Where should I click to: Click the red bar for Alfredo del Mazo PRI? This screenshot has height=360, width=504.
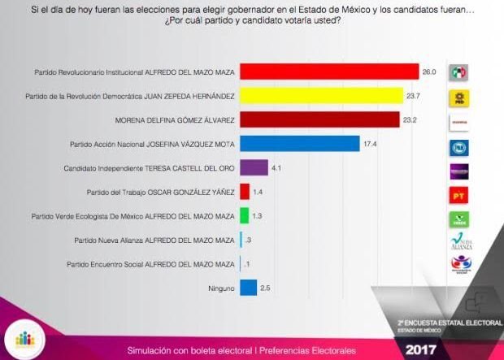329,72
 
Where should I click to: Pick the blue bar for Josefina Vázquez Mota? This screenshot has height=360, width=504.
300,144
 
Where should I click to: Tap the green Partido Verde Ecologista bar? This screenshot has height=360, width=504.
244,215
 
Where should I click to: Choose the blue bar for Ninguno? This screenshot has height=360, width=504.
249,287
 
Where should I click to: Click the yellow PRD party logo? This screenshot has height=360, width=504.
460,99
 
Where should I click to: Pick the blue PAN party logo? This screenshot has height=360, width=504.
460,147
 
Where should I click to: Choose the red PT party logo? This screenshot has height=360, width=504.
460,195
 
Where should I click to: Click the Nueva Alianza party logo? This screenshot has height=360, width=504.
460,241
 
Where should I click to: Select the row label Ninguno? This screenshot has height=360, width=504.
220,288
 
